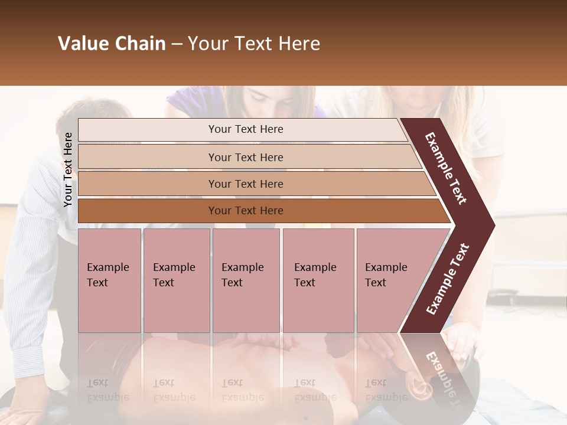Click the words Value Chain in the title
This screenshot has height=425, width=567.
[112, 44]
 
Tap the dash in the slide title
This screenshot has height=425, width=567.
[177, 44]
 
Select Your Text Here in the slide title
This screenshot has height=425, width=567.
[253, 44]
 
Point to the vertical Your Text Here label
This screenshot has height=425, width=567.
[68, 169]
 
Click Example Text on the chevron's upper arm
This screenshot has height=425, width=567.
[446, 168]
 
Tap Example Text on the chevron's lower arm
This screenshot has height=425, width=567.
[448, 279]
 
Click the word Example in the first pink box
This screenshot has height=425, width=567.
[107, 267]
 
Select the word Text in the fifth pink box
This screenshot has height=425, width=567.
[376, 283]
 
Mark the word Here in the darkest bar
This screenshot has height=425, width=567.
[272, 211]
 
